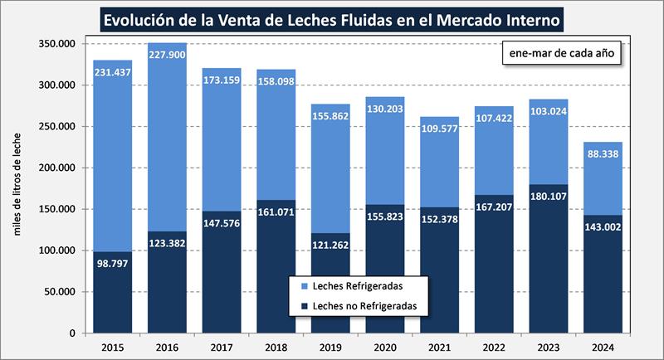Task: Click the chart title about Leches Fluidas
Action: click(332, 17)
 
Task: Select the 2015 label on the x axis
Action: click(112, 346)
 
